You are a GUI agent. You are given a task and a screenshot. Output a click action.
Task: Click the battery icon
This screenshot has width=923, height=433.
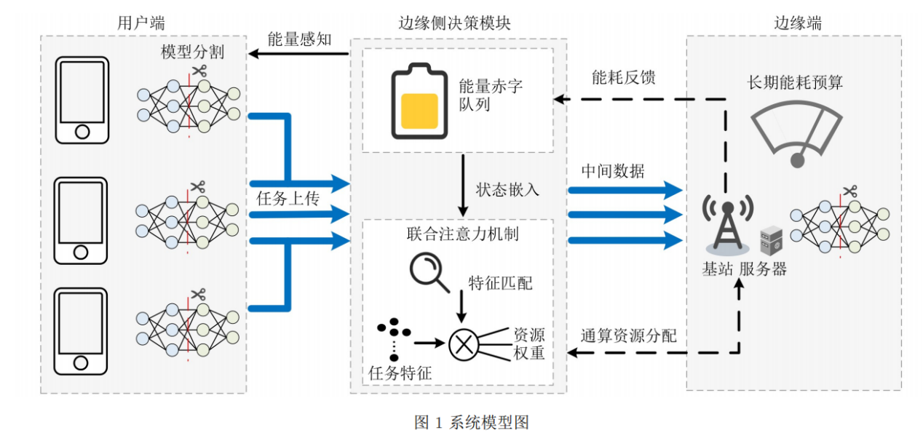419,101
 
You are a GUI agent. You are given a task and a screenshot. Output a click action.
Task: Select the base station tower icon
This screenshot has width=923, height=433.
728,225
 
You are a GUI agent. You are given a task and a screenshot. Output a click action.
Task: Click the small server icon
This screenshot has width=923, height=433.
771,240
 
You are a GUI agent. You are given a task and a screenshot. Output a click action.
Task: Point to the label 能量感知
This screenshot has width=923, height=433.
300,39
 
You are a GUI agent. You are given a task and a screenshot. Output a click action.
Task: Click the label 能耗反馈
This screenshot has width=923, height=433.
623,77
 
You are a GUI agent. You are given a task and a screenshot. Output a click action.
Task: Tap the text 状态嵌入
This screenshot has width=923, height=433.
507,190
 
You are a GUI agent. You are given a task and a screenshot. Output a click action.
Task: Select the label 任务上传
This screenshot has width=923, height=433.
288,199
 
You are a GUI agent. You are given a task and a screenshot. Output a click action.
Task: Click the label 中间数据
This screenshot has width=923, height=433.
613,171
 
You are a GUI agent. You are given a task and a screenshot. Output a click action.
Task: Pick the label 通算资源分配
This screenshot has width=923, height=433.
629,335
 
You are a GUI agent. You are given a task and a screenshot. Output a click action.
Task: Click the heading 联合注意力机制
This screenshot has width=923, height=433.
462,234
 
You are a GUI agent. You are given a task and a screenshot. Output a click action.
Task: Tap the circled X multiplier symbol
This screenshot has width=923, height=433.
464,345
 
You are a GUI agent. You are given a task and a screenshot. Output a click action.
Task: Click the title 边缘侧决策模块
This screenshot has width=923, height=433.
454,23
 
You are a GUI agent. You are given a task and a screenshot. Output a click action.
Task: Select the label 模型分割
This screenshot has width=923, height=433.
192,52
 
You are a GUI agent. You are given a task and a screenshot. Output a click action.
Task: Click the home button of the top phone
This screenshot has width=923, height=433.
82,132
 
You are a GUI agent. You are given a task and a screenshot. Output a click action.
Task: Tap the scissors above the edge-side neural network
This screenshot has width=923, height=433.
850,191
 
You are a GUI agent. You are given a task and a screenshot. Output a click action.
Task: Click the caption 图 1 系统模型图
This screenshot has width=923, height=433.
472,422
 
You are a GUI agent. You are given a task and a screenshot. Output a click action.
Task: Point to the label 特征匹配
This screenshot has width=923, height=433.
500,283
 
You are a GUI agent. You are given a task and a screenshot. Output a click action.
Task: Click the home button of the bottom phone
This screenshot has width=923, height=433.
81,363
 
